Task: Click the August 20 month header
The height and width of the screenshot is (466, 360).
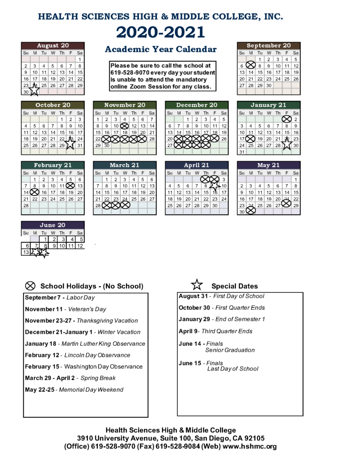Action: coord(53,45)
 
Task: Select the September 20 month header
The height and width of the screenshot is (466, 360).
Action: coord(269,45)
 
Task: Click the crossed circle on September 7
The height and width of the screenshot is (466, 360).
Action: coord(251,66)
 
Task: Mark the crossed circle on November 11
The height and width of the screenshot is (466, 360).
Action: coord(125,126)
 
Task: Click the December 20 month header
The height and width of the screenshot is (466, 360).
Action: coord(197,105)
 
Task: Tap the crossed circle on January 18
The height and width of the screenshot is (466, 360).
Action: coord(251,139)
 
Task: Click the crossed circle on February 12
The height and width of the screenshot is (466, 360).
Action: coord(70,185)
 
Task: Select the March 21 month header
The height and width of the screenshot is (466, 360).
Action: coord(125,165)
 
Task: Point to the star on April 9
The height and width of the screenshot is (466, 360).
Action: coord(215,185)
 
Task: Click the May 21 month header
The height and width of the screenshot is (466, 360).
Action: coord(269,165)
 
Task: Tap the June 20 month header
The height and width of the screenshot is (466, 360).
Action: coord(53,225)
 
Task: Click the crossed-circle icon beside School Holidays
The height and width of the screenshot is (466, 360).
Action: coord(30,285)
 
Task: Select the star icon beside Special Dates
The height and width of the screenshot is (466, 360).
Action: coord(197,285)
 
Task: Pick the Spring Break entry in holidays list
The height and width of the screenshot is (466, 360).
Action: coord(70,378)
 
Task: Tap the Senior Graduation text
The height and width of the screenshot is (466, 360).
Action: coord(230,350)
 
